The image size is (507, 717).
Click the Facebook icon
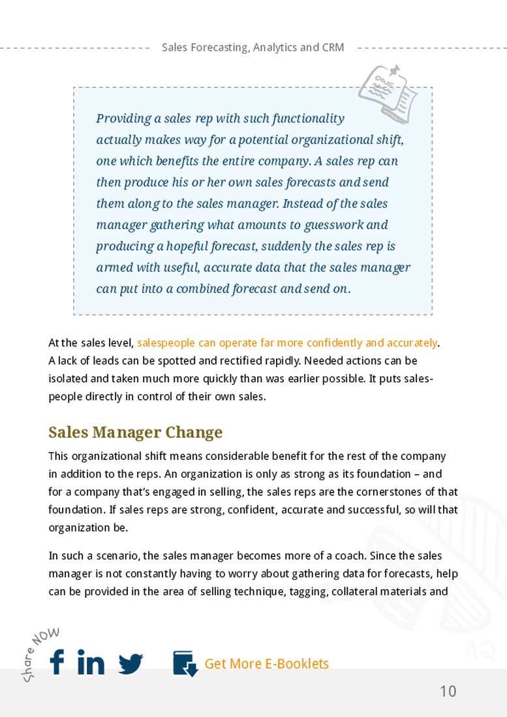coord(57,662)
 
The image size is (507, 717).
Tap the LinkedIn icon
coord(91,662)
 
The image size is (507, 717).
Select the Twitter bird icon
coord(131,664)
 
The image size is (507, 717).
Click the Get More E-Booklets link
coord(266,664)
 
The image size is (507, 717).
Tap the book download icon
coord(185,664)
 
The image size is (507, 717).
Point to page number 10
coord(448,692)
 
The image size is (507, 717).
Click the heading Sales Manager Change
coord(136,433)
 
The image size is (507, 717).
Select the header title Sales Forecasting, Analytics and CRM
coord(253,48)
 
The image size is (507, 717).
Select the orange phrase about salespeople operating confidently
coord(287,343)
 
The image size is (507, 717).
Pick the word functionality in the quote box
coord(308,119)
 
